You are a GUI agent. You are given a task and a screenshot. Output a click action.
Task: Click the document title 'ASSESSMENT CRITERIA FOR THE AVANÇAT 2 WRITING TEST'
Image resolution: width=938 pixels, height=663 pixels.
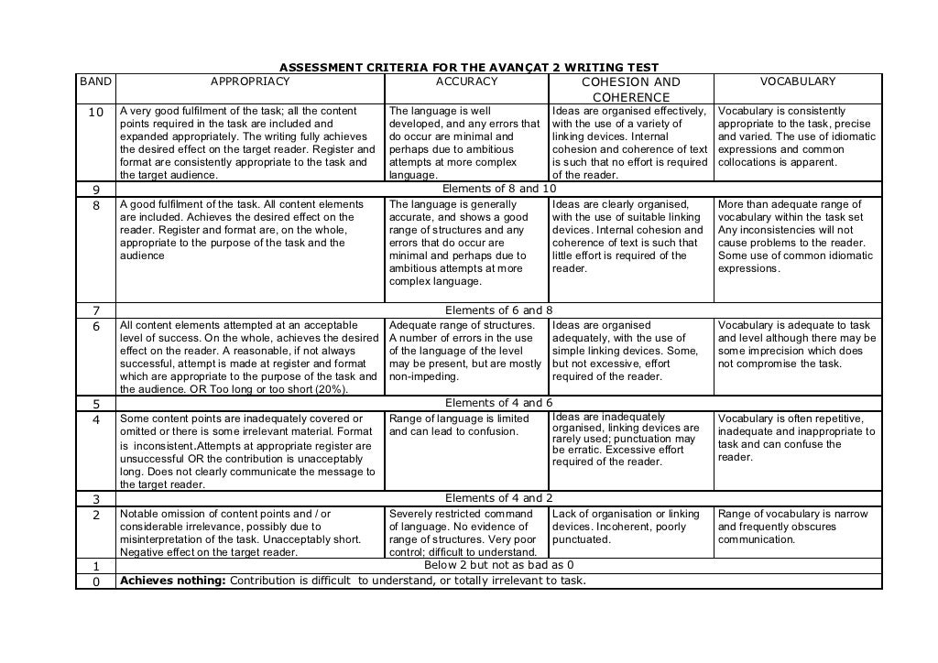(x=468, y=68)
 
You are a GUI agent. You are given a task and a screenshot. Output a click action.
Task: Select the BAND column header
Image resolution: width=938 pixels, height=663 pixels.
(x=95, y=82)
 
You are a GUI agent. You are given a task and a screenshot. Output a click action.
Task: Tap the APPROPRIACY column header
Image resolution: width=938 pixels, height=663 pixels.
(x=250, y=82)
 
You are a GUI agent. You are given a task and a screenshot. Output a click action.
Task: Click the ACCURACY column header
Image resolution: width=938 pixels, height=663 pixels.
(x=466, y=82)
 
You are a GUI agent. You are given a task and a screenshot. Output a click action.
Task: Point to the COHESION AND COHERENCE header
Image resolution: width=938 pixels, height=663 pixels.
(x=631, y=89)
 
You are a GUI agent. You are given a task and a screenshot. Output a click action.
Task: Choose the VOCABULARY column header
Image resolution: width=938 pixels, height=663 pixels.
(x=797, y=82)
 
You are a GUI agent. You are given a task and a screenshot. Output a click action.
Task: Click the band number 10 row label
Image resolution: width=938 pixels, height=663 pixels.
(x=95, y=113)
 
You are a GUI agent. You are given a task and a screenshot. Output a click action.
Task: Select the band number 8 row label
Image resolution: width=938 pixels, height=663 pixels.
(x=95, y=205)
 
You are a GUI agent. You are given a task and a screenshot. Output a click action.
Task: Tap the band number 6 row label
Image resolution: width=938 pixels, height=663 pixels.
(x=95, y=326)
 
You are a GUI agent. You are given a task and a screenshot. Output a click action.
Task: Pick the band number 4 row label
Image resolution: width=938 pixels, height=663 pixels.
(x=95, y=419)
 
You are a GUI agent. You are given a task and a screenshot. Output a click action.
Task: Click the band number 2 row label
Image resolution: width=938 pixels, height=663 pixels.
(x=95, y=515)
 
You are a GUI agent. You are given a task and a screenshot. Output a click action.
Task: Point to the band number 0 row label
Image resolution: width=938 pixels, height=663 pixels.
(x=95, y=581)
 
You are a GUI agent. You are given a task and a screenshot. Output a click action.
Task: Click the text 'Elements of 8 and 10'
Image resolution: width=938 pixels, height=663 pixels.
(x=498, y=189)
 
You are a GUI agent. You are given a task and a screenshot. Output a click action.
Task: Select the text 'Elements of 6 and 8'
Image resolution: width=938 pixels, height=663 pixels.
(x=498, y=310)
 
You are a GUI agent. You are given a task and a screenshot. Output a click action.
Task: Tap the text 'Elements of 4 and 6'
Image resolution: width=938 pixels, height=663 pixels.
(x=498, y=403)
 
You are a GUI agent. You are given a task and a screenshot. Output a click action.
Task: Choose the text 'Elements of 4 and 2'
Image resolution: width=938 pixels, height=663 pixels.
(x=498, y=498)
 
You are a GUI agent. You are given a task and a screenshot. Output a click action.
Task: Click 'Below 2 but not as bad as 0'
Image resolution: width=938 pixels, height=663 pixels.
(x=498, y=565)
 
